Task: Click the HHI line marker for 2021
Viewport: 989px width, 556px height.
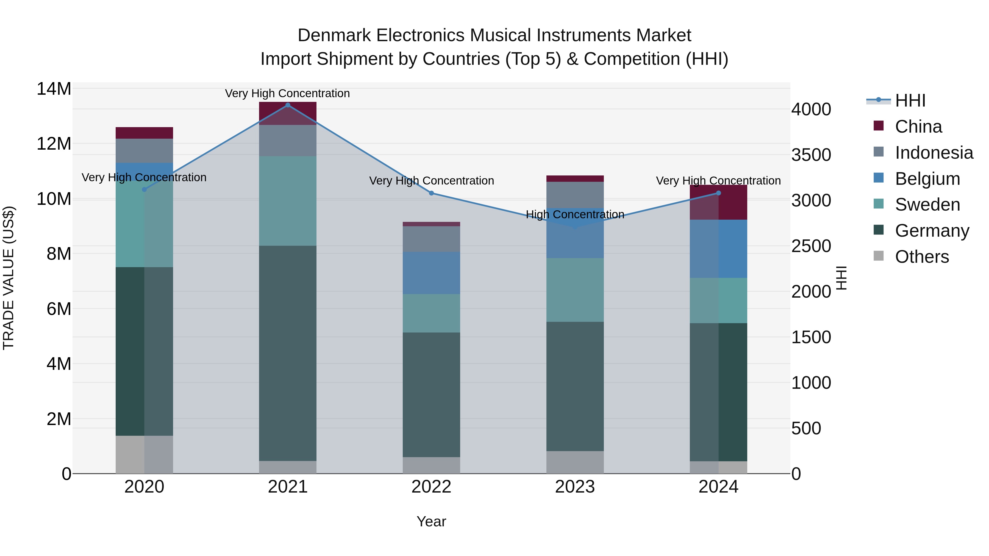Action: tap(288, 105)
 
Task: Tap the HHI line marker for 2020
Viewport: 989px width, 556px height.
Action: tap(144, 189)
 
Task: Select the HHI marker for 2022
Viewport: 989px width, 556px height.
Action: tap(431, 193)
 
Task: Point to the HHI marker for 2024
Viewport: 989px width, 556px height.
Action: tap(718, 193)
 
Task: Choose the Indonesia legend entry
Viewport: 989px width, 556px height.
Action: tap(934, 153)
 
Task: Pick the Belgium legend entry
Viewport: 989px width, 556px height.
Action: tap(927, 179)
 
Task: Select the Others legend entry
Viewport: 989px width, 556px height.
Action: tap(921, 257)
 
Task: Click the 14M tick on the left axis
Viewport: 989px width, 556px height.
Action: tap(54, 89)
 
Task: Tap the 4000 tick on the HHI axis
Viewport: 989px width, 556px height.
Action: tap(811, 109)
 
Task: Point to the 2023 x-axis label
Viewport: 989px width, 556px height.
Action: tap(575, 487)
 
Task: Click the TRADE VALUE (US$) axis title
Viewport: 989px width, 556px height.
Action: tap(9, 278)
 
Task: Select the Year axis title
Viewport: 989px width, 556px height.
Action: tap(431, 521)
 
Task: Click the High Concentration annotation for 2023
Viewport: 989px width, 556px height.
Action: tap(575, 214)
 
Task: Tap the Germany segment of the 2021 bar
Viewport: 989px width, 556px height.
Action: tap(288, 353)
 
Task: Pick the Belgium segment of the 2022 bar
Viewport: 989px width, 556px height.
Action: tap(431, 273)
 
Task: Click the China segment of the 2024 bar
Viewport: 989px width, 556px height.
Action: tap(718, 202)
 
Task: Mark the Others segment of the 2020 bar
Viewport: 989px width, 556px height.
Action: tap(144, 454)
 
